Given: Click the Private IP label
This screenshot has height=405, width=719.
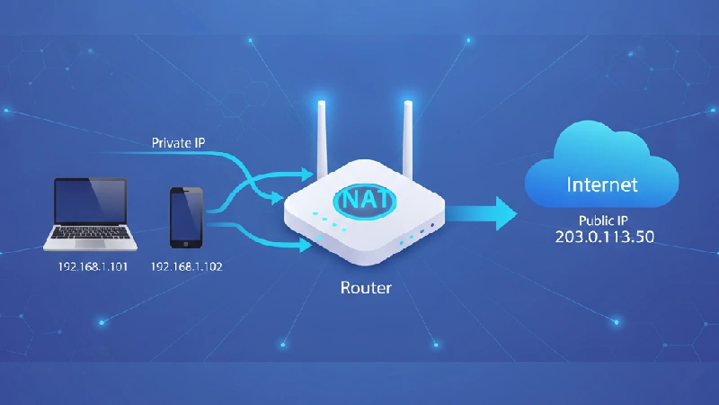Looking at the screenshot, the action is (x=178, y=143).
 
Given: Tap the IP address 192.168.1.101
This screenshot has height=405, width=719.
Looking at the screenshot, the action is (x=93, y=266).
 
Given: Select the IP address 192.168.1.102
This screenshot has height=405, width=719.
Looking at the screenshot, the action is (x=187, y=266).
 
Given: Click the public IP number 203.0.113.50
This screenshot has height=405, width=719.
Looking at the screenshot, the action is (x=604, y=237).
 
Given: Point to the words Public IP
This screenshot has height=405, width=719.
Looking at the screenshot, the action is (x=603, y=220).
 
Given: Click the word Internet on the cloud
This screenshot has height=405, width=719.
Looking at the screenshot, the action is (x=602, y=184).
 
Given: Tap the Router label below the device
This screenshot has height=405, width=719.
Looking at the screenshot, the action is (x=366, y=288).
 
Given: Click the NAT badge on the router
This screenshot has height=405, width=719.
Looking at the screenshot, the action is (x=365, y=200).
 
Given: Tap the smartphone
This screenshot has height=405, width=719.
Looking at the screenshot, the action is (x=186, y=218).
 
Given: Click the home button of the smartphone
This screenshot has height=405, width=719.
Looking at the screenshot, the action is (x=186, y=244).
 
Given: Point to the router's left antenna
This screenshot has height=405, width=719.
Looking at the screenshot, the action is (x=323, y=138).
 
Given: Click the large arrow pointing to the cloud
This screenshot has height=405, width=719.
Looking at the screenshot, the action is (x=481, y=213).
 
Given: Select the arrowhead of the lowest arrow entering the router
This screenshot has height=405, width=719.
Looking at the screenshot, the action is (x=306, y=245).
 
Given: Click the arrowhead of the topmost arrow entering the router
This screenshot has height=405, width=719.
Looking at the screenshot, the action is (x=307, y=175).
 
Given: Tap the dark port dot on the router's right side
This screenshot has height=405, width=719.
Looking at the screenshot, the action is (x=432, y=226).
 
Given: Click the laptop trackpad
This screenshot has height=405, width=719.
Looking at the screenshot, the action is (x=90, y=244).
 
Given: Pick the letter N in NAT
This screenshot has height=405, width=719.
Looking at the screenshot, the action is (x=350, y=200).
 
